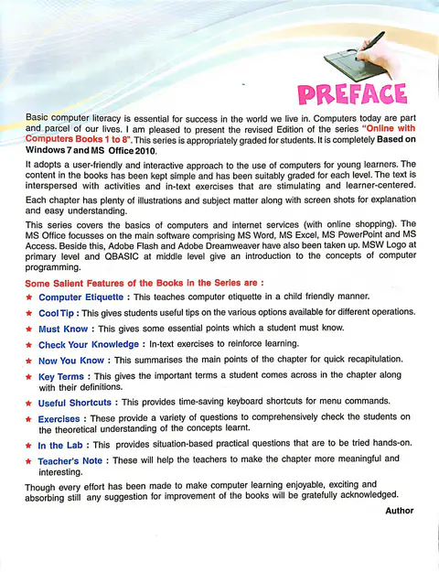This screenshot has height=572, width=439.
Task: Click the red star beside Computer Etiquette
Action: click(x=30, y=298)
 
